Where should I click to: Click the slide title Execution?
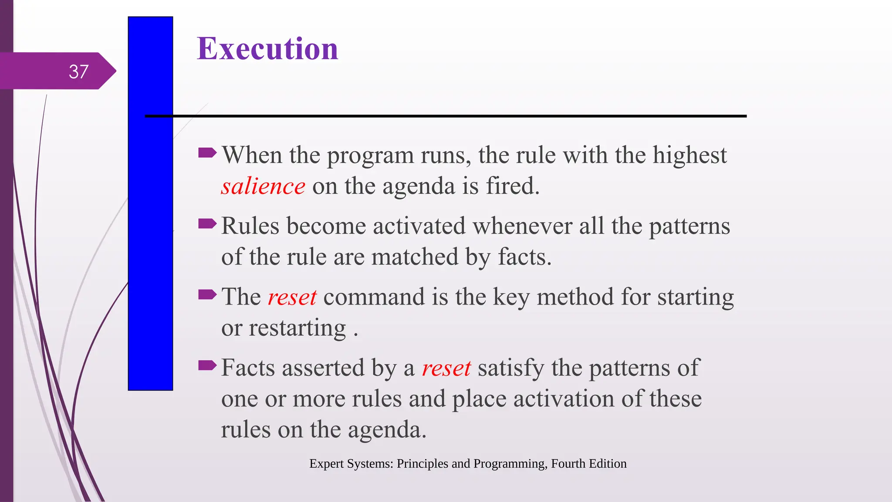pos(267,48)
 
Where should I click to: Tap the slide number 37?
pos(78,72)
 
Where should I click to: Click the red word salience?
pos(263,187)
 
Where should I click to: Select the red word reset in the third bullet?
pos(292,298)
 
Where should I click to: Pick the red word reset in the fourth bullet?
pos(446,369)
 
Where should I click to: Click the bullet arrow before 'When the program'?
pos(207,153)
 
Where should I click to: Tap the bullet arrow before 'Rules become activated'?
pos(207,224)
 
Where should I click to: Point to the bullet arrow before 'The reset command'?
pos(207,295)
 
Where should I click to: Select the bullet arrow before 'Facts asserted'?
pos(207,365)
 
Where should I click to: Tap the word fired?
pos(512,186)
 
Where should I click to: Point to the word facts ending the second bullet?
pos(524,257)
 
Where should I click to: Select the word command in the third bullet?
pos(374,297)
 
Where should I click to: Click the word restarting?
pos(297,328)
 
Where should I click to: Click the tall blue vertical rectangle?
pos(150,244)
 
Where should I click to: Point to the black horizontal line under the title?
pos(457,116)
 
